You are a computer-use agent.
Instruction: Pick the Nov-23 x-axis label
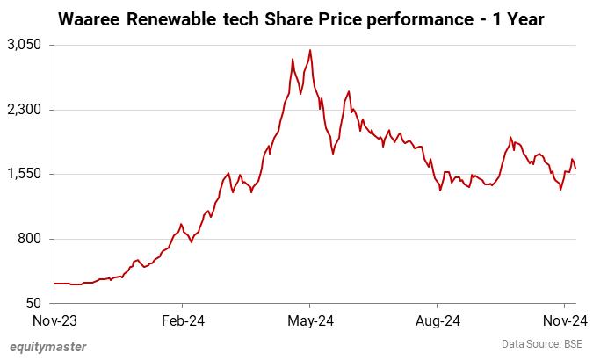[54, 320]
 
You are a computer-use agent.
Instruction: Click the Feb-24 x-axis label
[184, 320]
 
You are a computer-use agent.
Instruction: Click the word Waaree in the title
[89, 18]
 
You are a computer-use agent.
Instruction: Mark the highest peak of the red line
[310, 50]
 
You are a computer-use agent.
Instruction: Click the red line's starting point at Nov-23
[54, 283]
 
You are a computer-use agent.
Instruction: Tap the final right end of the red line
[575, 169]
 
